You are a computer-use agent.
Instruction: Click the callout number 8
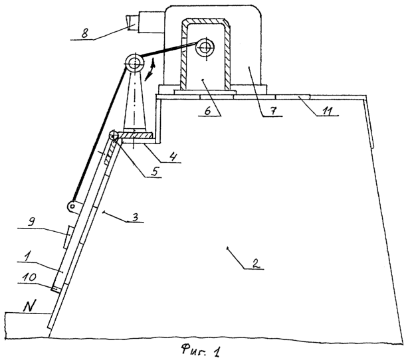(84, 34)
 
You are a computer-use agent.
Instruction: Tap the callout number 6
(207, 111)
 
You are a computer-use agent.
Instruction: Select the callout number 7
(272, 111)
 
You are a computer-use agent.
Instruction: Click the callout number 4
(172, 157)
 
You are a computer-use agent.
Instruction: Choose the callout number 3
(134, 217)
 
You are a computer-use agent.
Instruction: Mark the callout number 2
(255, 264)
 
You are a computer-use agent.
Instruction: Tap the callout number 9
(31, 223)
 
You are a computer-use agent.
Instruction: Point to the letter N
(29, 306)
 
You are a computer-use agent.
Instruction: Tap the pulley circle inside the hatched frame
(205, 48)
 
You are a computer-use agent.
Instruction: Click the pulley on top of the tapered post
(134, 63)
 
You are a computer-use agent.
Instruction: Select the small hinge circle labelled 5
(114, 135)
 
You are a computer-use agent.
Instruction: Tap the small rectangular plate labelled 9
(67, 237)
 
